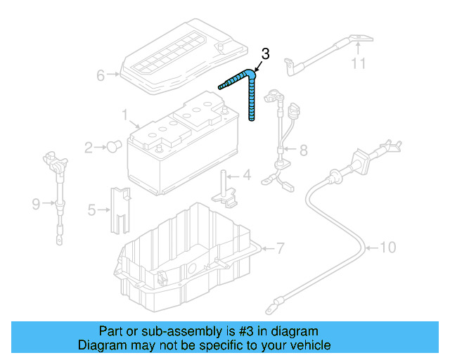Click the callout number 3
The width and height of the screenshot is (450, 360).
265,53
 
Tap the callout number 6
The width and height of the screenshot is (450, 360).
100,75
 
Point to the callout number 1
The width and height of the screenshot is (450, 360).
124,114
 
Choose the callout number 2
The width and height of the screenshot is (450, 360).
89,147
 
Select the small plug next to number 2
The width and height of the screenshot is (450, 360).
112,146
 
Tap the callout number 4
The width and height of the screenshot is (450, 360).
246,175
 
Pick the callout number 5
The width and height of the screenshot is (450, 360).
91,209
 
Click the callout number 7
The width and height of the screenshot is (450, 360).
280,248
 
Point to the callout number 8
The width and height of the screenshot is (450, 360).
303,150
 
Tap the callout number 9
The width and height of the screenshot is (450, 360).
36,204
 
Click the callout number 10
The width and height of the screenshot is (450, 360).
388,247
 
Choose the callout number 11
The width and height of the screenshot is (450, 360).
359,64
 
